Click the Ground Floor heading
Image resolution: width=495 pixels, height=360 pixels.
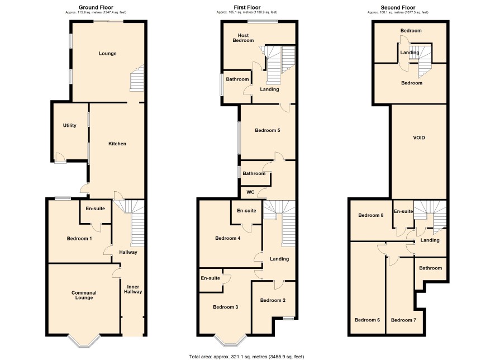pos(96,7)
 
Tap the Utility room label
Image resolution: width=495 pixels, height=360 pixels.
pos(69,125)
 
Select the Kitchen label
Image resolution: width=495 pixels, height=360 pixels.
pos(117,144)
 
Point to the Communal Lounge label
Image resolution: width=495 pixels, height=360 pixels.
pos(84,295)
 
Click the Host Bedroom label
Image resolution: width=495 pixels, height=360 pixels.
pos(243,38)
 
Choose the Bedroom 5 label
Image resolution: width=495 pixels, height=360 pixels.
pos(268,130)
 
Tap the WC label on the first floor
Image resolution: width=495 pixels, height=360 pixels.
pos(250,192)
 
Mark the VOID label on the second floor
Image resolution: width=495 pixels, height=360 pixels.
pos(419,138)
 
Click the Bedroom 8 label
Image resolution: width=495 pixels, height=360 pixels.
pos(371,215)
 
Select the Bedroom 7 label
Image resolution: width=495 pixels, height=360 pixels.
pos(403,320)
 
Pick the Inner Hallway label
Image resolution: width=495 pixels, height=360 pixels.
pos(133,289)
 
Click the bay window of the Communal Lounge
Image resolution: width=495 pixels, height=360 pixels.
pos(84,341)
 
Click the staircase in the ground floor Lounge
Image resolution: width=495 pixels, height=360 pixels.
pos(137,78)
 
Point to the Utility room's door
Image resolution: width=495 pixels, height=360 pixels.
pos(59,158)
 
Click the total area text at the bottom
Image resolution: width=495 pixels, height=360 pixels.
pos(246,357)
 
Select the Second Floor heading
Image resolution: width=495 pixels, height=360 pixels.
pos(398,7)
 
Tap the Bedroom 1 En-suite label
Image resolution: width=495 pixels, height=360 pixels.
pos(96,209)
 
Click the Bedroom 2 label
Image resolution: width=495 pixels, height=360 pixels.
pos(273,300)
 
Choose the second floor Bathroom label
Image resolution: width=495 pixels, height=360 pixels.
pos(431,268)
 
